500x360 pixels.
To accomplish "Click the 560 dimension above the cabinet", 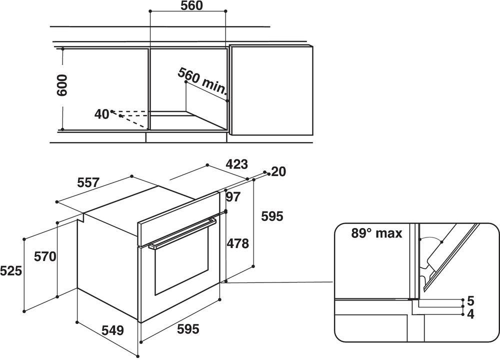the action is [191, 5].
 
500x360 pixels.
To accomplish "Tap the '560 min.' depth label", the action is [202, 81].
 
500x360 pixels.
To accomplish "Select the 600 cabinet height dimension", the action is [61, 85].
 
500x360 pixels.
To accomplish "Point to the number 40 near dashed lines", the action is [101, 114].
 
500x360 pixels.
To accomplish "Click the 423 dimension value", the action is [236, 164].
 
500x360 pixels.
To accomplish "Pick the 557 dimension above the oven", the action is [88, 182].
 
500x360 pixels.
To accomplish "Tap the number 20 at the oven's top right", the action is [278, 171].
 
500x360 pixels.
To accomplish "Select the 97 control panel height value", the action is [233, 197].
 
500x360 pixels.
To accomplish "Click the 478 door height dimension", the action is [237, 243].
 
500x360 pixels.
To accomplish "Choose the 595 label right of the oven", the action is [272, 216].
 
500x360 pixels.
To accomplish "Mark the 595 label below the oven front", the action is [188, 329].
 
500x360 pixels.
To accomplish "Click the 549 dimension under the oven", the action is [112, 330].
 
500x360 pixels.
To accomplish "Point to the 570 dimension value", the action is [45, 256].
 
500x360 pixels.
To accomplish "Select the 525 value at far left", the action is [11, 271].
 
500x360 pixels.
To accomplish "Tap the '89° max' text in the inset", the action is [376, 233].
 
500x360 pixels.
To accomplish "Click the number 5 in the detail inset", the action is [470, 300].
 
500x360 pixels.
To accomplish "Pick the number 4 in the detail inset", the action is [470, 314].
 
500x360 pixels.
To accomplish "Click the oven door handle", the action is [182, 232].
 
